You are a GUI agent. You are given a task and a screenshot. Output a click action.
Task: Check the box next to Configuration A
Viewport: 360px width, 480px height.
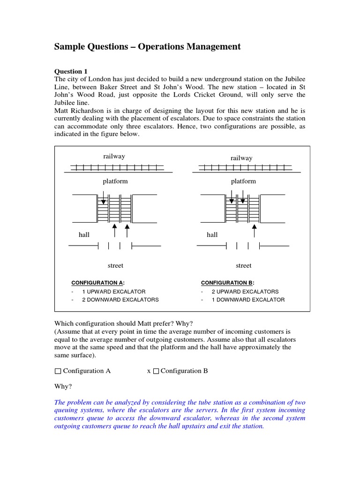58,371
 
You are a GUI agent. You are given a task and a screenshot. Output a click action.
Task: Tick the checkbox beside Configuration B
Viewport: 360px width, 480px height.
157,371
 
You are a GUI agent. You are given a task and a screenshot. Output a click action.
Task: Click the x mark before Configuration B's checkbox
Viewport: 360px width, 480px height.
149,371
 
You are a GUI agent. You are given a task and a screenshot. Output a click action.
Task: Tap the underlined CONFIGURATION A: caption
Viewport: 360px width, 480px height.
97,283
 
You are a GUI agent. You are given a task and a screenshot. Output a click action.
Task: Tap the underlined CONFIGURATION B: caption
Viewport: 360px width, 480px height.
227,283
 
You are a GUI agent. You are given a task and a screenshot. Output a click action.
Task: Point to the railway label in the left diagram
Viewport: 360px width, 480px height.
114,157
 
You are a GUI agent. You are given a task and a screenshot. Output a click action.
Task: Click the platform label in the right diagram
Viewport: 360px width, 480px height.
243,181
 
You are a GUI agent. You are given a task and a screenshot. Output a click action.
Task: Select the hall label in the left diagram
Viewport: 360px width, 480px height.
84,234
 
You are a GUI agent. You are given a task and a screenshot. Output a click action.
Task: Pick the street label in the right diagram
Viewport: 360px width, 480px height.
243,266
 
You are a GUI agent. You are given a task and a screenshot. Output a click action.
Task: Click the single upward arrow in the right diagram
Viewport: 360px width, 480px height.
255,230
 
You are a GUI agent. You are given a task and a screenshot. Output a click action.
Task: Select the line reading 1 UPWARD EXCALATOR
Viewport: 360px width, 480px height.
114,292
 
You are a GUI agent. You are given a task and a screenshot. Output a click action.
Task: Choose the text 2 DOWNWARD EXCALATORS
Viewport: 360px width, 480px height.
120,300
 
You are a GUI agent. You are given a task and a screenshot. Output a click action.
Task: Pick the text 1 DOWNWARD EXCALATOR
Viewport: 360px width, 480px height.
248,300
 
